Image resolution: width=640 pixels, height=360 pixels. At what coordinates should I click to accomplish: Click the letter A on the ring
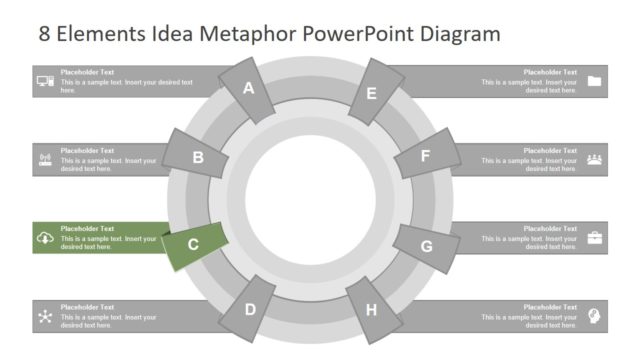pyautogui.click(x=249, y=88)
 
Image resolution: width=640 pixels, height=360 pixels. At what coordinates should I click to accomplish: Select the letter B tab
pyautogui.click(x=198, y=156)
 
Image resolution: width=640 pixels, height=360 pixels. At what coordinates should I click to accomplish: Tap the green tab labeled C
pyautogui.click(x=194, y=243)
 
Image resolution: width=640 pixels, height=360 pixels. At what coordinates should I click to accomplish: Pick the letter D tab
pyautogui.click(x=250, y=310)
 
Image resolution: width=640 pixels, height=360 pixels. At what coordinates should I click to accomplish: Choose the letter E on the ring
pyautogui.click(x=371, y=94)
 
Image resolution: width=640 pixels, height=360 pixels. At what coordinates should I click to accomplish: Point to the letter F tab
pyautogui.click(x=425, y=156)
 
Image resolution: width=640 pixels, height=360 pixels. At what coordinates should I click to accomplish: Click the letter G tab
pyautogui.click(x=426, y=246)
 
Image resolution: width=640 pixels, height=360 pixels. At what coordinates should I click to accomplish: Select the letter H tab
pyautogui.click(x=371, y=310)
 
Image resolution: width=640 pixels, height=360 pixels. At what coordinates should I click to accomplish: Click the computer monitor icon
pyautogui.click(x=45, y=81)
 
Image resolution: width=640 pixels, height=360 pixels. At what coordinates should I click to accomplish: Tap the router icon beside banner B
pyautogui.click(x=45, y=158)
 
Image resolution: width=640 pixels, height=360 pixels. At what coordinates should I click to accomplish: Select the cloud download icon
pyautogui.click(x=45, y=238)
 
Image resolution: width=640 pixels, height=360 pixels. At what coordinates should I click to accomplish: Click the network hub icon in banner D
pyautogui.click(x=45, y=316)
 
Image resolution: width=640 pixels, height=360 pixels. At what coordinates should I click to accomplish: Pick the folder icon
pyautogui.click(x=594, y=81)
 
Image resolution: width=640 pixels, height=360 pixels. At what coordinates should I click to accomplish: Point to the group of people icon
pyautogui.click(x=594, y=158)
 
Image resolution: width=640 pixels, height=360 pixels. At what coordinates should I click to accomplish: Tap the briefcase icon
pyautogui.click(x=594, y=237)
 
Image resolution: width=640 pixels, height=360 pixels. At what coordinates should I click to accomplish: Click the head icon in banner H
pyautogui.click(x=594, y=315)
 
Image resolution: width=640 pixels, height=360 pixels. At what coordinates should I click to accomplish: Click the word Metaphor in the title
pyautogui.click(x=245, y=34)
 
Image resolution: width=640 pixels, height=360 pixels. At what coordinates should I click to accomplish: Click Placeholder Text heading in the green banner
pyautogui.click(x=87, y=228)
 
